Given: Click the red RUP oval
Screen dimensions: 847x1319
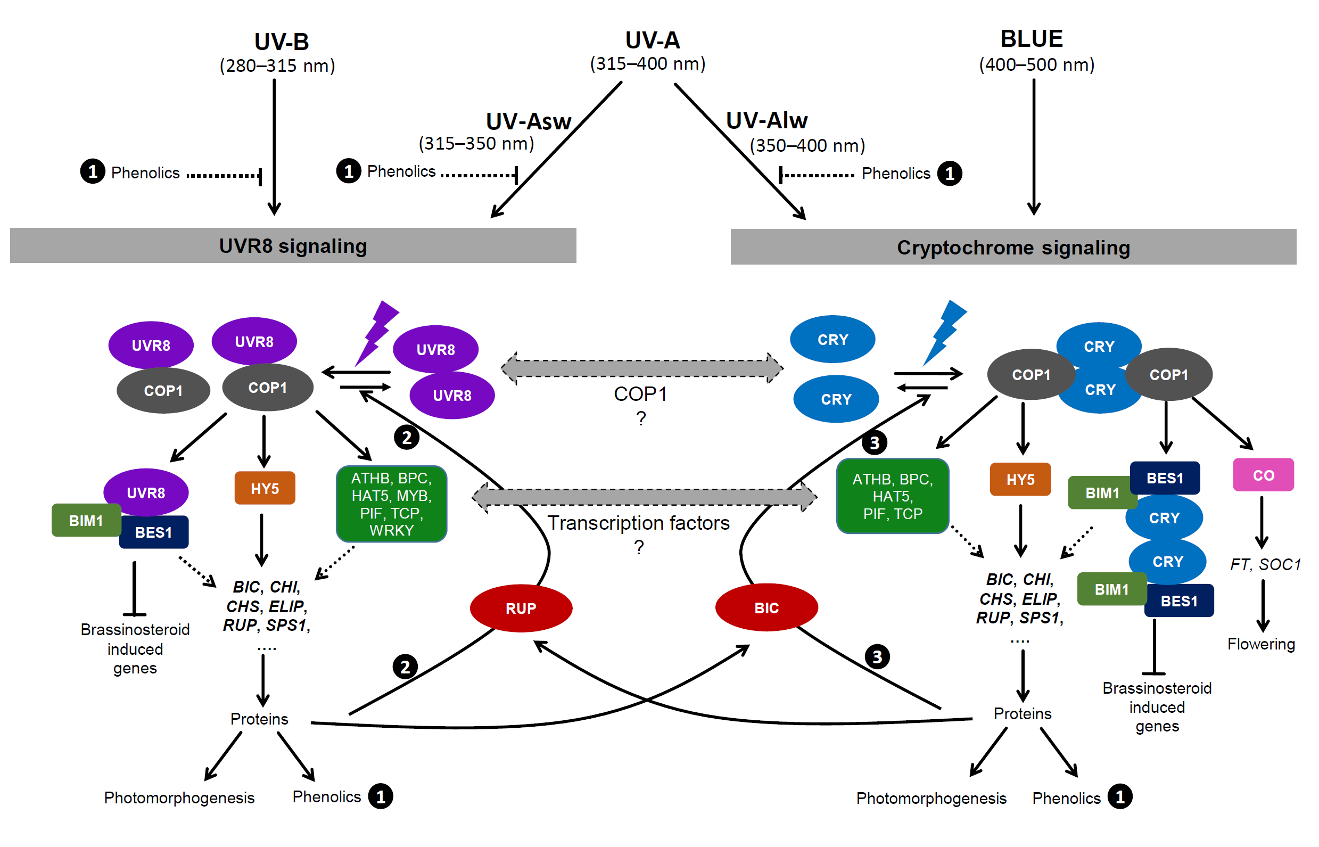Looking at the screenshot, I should (521, 608).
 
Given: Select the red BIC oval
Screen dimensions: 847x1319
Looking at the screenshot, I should (766, 607).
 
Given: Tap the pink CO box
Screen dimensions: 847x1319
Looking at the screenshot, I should (1263, 475).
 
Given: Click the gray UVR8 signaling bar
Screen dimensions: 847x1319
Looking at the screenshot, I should (293, 246).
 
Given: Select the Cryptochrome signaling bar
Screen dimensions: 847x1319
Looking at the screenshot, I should (1013, 248).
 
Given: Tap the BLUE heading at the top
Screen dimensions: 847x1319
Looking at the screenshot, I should (1031, 39).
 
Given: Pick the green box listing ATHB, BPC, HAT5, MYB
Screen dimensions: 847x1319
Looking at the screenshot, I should (391, 504).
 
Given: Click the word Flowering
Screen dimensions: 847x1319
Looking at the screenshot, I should (1261, 644).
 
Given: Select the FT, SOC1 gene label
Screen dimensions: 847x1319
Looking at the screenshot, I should (1265, 564).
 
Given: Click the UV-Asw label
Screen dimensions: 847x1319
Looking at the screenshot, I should (529, 121).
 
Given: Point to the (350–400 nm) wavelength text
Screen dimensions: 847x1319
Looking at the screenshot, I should (807, 146).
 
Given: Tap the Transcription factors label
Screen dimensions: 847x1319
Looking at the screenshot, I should (638, 522).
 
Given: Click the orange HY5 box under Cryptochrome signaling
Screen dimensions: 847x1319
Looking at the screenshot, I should (1020, 479).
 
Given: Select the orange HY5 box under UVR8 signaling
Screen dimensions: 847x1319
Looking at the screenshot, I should (265, 488).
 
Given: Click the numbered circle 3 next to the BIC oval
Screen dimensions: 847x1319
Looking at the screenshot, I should (877, 656).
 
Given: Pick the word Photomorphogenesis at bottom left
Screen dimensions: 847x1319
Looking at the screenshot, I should (179, 797).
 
